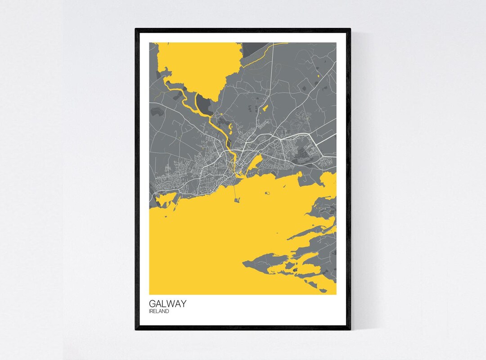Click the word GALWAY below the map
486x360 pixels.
tap(167, 304)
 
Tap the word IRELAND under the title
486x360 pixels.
tap(159, 311)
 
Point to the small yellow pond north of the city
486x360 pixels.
tap(265, 108)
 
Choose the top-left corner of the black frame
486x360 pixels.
tap(136, 30)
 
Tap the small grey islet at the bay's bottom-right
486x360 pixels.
tap(323, 291)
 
